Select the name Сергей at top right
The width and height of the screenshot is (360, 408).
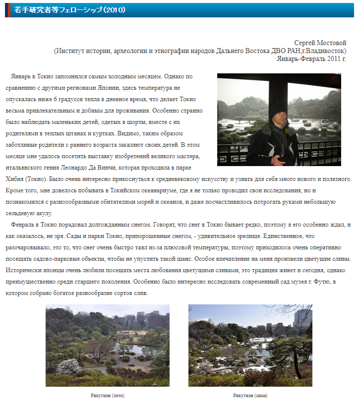click(x=304, y=43)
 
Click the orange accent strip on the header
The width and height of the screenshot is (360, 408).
click(x=6, y=9)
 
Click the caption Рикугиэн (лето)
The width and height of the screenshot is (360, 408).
click(x=107, y=396)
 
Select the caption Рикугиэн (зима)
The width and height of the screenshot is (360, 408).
click(x=250, y=396)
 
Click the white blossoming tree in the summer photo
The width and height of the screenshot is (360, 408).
click(x=68, y=366)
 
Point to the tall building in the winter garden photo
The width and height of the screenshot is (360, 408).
click(x=301, y=317)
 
